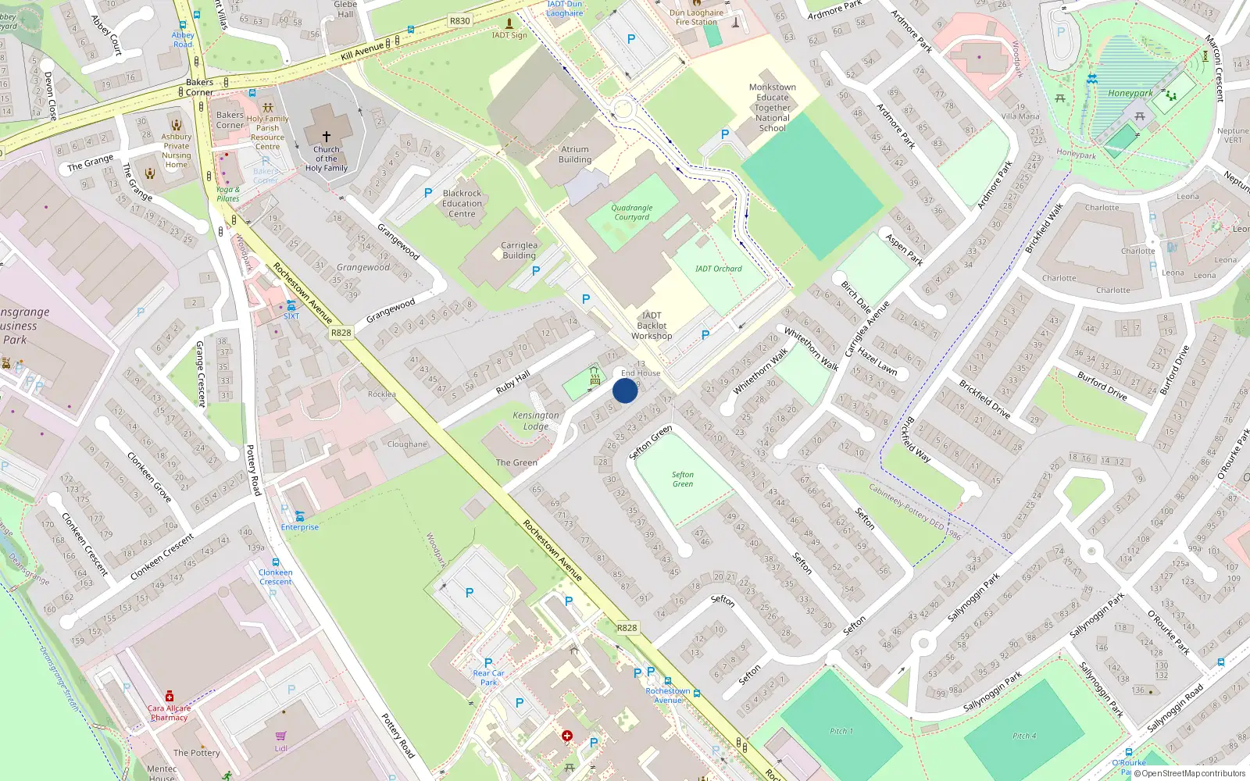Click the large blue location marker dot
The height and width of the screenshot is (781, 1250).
[x=625, y=390]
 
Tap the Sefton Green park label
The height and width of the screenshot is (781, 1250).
[x=683, y=480]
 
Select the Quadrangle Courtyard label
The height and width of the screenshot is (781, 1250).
[x=631, y=212]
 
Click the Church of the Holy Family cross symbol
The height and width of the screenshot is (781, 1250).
[x=327, y=136]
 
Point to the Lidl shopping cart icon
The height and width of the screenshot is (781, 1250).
[x=280, y=736]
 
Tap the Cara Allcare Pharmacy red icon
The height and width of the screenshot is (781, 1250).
[x=169, y=696]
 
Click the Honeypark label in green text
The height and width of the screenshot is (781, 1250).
[x=1130, y=94]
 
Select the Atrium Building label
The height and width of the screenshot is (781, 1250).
[x=575, y=155]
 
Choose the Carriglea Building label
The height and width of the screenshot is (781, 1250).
[x=520, y=250]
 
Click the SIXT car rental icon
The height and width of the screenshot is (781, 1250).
[x=291, y=305]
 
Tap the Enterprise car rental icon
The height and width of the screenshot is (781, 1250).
[x=299, y=516]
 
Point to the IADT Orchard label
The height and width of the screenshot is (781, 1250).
[x=719, y=269]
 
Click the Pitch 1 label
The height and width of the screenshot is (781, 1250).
[x=841, y=731]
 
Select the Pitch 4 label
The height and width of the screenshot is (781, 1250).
[x=1024, y=736]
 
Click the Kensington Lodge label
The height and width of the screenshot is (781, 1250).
[x=536, y=421]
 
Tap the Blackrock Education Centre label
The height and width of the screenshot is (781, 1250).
[x=462, y=203]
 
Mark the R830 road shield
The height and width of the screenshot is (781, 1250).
[x=460, y=21]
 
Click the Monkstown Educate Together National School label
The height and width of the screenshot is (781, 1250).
[x=772, y=108]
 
